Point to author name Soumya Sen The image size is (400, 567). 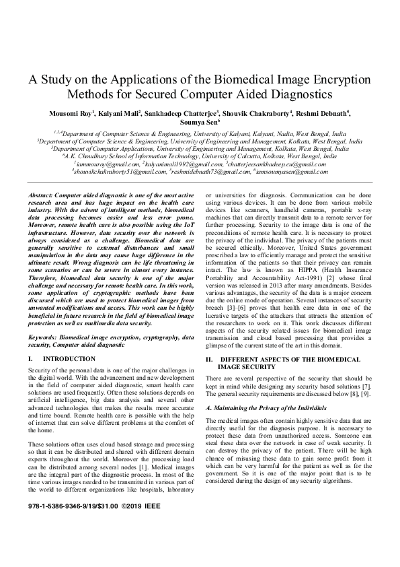pos(200,123)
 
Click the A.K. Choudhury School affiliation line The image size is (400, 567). pos(200,156)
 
